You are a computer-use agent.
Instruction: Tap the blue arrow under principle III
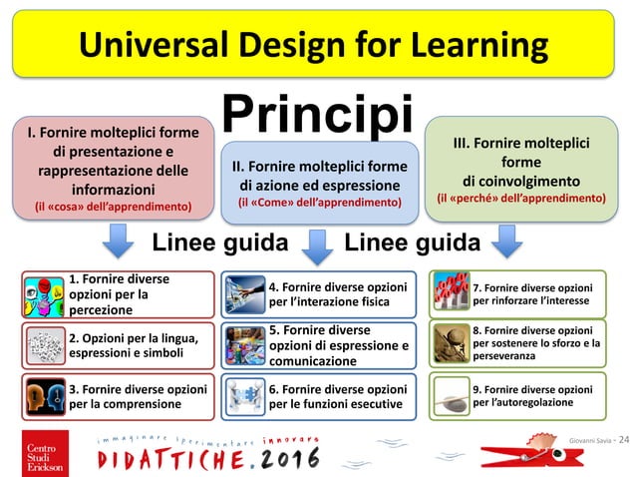pos(506,240)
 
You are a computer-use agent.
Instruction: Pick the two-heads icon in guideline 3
pos(43,395)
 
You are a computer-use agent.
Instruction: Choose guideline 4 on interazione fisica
pos(318,294)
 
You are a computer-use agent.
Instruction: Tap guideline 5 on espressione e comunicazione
pos(318,344)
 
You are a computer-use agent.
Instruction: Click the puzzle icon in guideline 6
pos(244,396)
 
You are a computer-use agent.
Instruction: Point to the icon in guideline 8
pos(451,344)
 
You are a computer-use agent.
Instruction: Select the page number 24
pos(625,440)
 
